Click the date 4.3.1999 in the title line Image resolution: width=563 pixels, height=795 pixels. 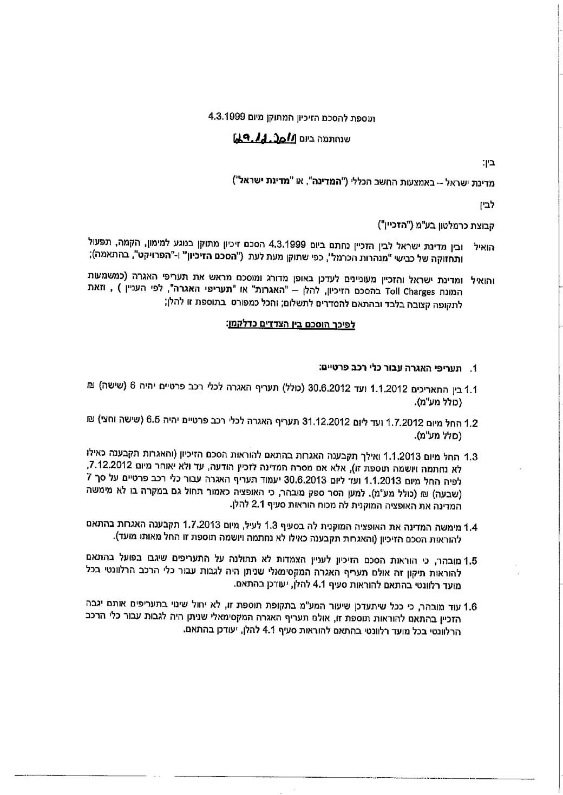click(227, 116)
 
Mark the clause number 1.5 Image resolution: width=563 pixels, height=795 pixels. click(470, 561)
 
